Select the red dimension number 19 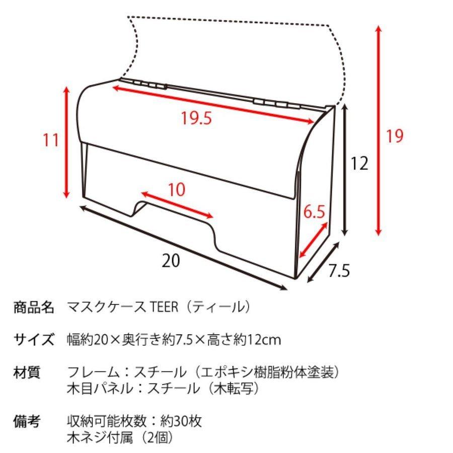[x=395, y=135]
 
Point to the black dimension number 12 [x=360, y=163]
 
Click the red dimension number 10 [x=176, y=190]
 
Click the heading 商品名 [x=33, y=307]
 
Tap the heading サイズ [x=33, y=340]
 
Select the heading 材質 [x=26, y=373]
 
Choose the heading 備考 [x=26, y=421]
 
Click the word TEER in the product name [x=164, y=307]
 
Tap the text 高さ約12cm [x=247, y=340]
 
